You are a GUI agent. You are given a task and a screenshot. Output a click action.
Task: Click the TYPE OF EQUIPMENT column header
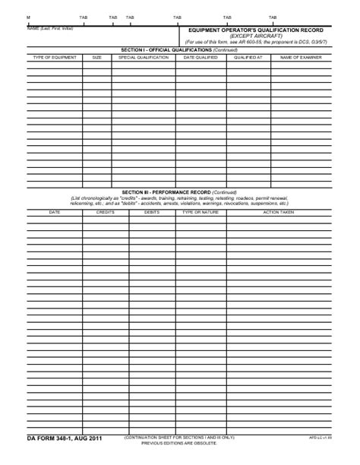pos(52,58)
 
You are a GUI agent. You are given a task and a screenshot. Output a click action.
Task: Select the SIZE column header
pos(96,58)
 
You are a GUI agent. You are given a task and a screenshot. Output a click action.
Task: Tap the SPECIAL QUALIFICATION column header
pos(144,58)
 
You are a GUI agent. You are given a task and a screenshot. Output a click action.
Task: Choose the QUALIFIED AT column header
pos(248,58)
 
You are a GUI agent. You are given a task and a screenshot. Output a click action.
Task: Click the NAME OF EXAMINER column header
pos(302,58)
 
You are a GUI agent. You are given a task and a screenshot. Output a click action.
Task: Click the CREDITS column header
pos(105,212)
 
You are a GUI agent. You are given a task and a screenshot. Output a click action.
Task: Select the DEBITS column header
pos(151,212)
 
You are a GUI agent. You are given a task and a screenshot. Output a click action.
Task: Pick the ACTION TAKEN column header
pos(279,212)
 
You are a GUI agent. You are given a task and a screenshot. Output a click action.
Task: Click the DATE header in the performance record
pos(55,212)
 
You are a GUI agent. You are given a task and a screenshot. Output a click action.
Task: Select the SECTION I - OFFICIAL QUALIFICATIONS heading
pos(180,50)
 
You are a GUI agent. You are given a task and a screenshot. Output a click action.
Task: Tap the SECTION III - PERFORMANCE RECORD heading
pos(180,193)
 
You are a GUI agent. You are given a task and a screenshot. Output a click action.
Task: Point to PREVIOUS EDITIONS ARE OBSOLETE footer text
pos(179,443)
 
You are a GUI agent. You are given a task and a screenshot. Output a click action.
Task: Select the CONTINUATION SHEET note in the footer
pos(179,438)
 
